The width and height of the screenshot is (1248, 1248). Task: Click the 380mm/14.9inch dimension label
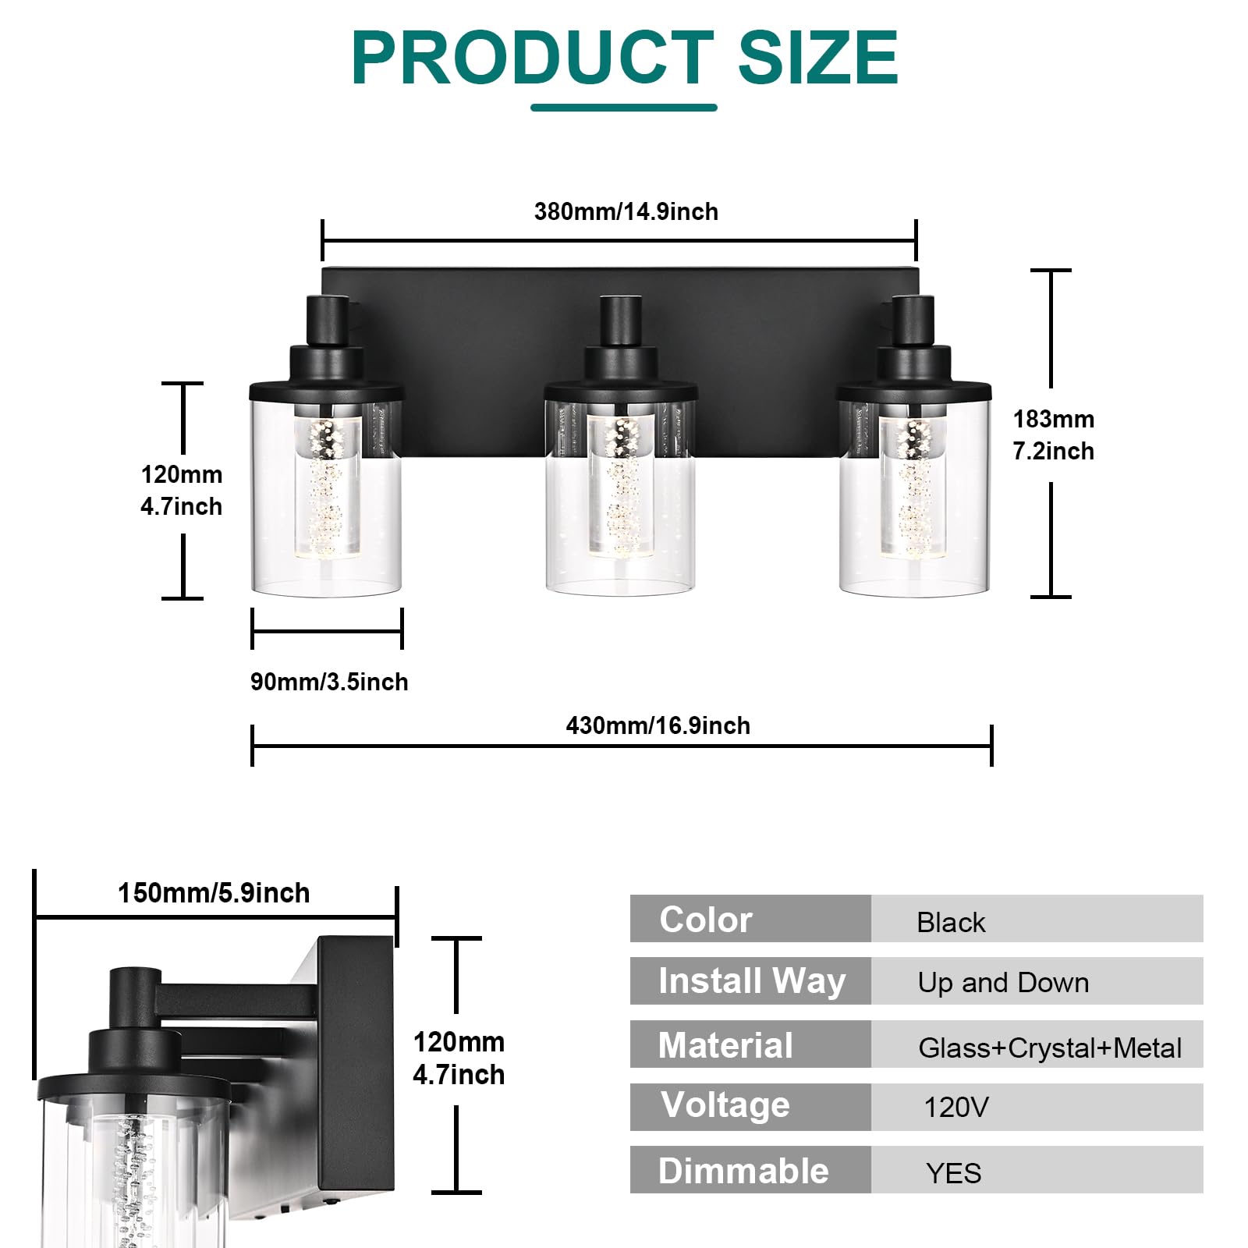coord(626,211)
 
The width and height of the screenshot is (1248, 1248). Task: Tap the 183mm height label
coord(1053,420)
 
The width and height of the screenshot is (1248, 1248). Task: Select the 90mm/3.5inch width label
coord(329,682)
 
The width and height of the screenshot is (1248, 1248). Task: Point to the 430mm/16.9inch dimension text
coord(658,725)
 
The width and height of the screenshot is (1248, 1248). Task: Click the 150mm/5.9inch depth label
coord(214,892)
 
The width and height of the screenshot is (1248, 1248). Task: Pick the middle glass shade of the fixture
coord(621,499)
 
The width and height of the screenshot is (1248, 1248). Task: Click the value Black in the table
coord(951,923)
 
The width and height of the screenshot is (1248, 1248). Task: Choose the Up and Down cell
coord(1003,983)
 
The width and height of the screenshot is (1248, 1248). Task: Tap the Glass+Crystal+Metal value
coord(1049,1048)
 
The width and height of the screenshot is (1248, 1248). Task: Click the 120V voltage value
coord(955,1107)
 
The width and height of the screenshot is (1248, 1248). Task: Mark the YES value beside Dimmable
coord(953,1172)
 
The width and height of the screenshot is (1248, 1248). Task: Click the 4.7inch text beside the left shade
coord(181,506)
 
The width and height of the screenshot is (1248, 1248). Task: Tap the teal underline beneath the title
coord(623,107)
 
